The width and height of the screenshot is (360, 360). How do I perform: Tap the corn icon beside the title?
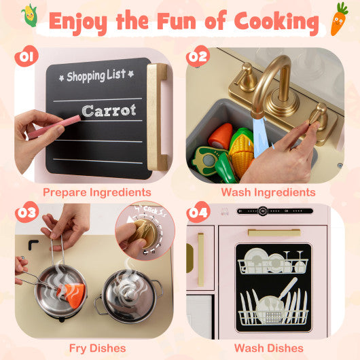click(29, 16)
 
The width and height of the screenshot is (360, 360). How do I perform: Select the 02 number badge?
click(198, 56)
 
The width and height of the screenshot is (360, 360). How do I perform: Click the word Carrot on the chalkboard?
click(109, 110)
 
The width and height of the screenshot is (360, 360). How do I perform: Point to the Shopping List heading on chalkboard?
click(96, 76)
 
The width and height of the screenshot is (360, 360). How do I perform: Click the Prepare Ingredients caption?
click(96, 193)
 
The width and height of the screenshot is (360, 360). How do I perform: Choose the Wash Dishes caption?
click(268, 348)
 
